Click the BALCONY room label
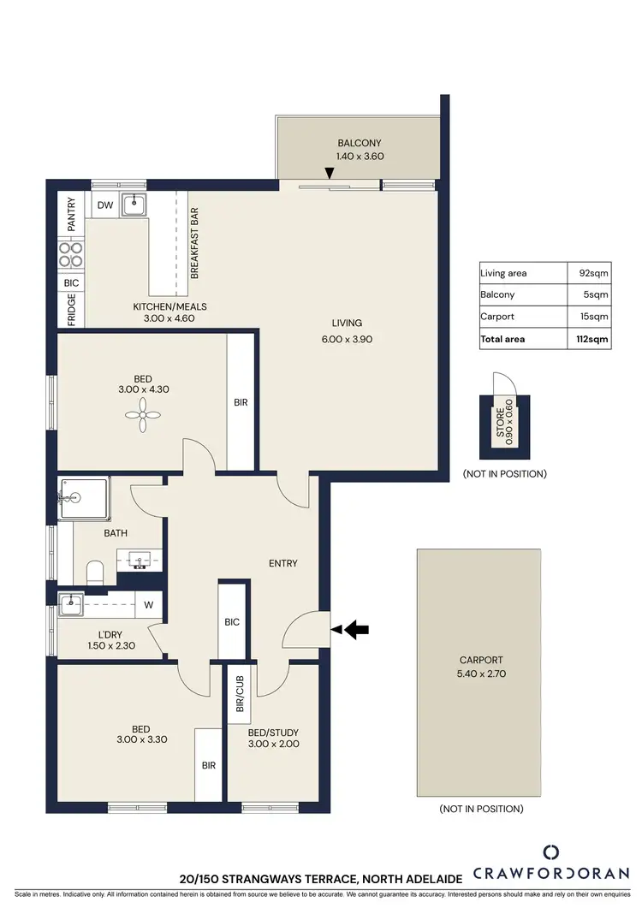coord(359,143)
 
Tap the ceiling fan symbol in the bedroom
coord(141,416)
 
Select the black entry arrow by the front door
coord(356,630)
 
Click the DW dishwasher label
coord(105,205)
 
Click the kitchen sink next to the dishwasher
coord(134,205)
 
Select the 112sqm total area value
coord(591,339)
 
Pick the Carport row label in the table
coord(496,317)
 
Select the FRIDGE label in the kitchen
coord(71,309)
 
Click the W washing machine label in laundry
coord(148,605)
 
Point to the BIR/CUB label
coord(240,691)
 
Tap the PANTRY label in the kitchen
coord(71,215)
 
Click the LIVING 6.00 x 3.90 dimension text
coord(348,338)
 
